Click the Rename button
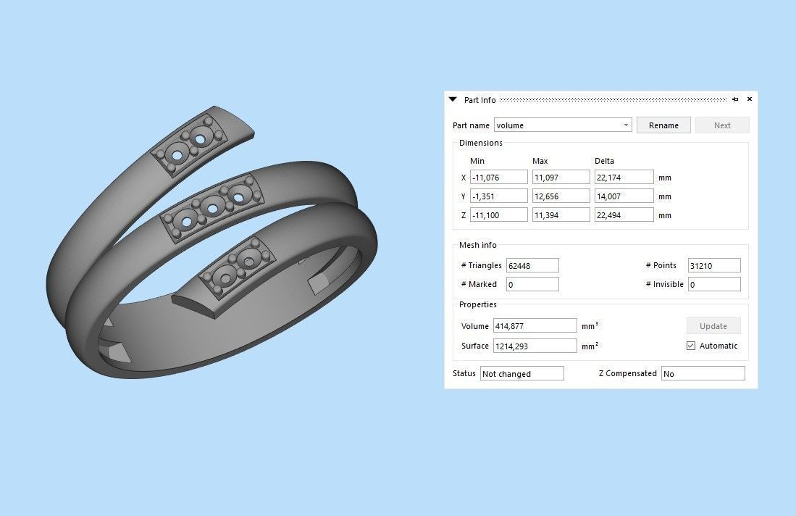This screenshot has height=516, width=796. (663, 125)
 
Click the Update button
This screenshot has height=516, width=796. (713, 326)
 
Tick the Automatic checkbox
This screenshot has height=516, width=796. (691, 346)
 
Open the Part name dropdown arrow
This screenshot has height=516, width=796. (626, 125)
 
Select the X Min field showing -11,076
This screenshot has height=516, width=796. (498, 178)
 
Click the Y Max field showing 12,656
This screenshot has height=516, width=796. (561, 196)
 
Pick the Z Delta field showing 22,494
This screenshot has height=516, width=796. (624, 215)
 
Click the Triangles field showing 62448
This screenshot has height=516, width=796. (532, 266)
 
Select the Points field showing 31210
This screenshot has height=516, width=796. (714, 266)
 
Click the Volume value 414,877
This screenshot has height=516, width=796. (535, 326)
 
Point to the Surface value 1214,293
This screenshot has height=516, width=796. (535, 346)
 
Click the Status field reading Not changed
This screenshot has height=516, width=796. (521, 374)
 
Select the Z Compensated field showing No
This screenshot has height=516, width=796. (703, 374)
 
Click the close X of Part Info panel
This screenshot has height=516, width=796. (750, 99)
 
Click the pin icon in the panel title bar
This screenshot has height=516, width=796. (735, 99)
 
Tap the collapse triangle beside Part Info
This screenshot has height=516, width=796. (453, 99)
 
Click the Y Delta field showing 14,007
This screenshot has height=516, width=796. (624, 196)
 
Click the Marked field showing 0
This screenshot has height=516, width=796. (532, 285)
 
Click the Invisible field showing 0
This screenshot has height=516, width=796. (714, 285)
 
